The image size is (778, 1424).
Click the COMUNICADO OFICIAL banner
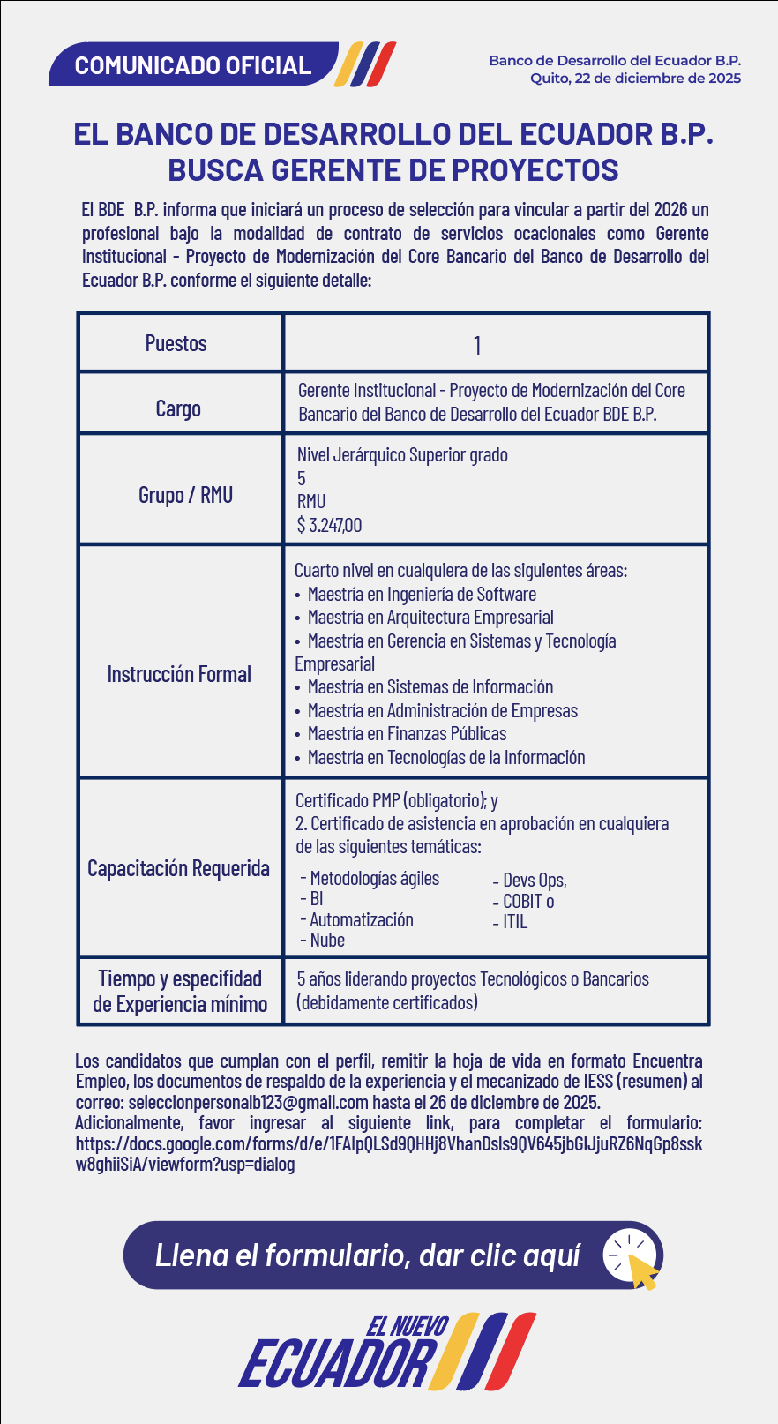193,65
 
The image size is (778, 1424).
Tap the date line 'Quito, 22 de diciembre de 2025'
635,79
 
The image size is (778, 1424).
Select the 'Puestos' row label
176,343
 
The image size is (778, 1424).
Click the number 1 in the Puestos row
477,345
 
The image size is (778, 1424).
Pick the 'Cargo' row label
178,408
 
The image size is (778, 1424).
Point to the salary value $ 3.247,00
329,525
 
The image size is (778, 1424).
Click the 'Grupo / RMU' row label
185,495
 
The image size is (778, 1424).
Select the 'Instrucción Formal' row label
179,674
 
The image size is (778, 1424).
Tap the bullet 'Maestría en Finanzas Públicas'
407,734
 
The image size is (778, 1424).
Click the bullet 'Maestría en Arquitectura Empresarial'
430,618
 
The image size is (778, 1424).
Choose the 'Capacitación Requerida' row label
178,868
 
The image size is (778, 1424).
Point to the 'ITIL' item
514,922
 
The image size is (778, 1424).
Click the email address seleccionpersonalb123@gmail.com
248,1103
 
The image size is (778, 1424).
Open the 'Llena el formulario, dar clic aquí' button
368,1255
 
